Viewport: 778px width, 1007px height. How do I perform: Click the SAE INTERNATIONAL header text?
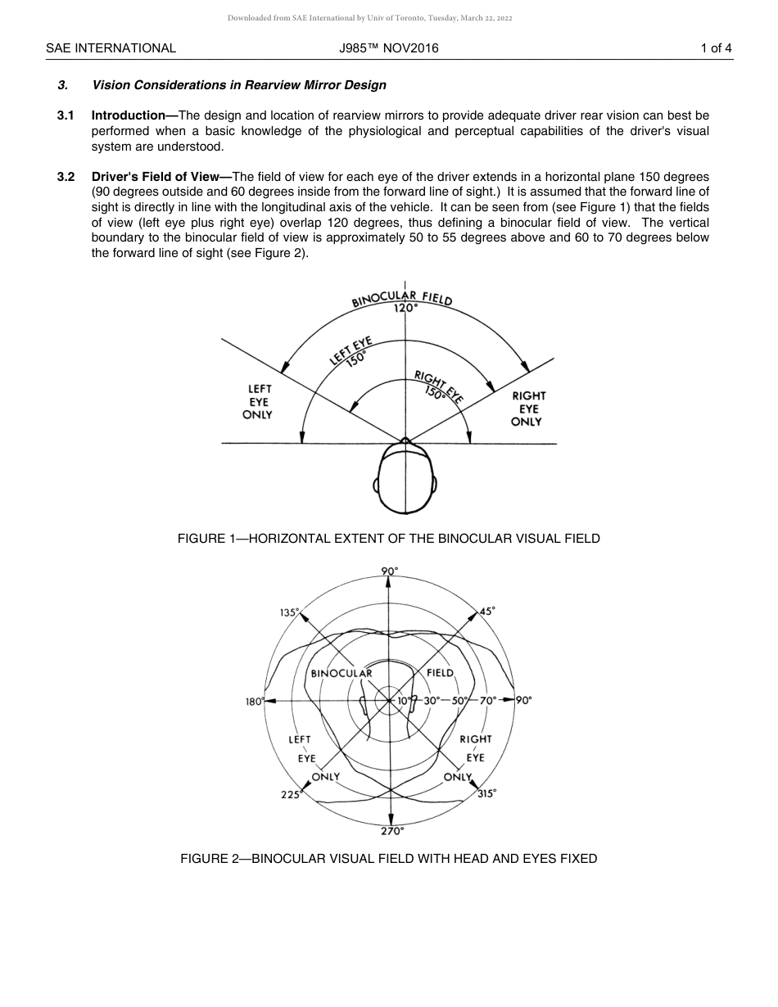coord(111,48)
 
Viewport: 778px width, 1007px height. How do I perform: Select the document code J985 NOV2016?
coord(389,48)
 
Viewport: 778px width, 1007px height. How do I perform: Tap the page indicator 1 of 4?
coord(716,48)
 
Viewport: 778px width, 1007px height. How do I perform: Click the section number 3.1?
coord(66,115)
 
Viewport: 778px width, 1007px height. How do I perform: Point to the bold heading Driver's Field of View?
coord(161,177)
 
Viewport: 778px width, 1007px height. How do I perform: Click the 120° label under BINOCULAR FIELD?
coord(405,309)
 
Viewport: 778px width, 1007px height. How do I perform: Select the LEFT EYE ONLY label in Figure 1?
coord(259,402)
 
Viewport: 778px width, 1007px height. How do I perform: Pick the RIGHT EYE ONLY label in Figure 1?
coord(528,409)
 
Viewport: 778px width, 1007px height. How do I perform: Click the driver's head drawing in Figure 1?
coord(405,479)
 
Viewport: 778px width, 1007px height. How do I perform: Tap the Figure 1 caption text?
coord(388,539)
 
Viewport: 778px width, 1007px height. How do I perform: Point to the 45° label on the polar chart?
coord(487,611)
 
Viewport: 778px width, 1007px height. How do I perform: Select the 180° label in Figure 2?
coord(254,702)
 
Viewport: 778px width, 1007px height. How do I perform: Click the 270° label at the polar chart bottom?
coord(391,831)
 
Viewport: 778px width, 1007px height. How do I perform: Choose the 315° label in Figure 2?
coord(486,794)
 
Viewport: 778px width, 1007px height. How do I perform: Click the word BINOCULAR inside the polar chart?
coord(342,673)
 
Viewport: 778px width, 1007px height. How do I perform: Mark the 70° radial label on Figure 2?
coord(488,701)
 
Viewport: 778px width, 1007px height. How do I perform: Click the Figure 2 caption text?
coord(388,859)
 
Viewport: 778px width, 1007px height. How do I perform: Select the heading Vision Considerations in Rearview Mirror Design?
coord(239,85)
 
